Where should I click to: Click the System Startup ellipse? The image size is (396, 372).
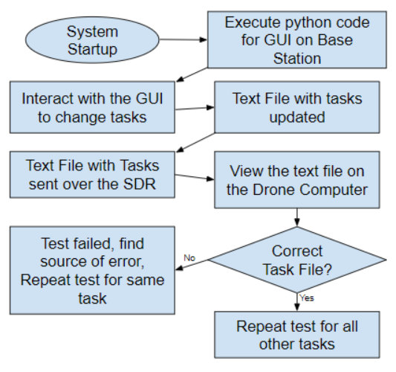92,39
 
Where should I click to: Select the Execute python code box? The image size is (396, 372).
297,39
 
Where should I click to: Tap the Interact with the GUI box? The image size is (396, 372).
92,107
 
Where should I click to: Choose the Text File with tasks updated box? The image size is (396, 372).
297,107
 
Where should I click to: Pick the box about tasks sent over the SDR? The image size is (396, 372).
92,175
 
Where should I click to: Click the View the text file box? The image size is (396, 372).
297,180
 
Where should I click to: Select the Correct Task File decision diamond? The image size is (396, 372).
297,260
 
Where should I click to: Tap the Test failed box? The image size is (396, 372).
92,270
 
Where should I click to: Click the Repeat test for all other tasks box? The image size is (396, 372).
297,335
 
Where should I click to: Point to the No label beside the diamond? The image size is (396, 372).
189,257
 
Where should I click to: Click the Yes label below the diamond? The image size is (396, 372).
307,298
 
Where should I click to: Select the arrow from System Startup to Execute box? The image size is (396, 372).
184,39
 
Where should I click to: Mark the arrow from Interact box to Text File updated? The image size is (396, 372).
195,108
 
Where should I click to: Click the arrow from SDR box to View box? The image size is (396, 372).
195,177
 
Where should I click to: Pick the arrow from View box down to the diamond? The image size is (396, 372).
297,217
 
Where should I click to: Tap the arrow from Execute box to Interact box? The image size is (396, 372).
192,75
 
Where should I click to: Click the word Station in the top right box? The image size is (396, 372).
297,59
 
